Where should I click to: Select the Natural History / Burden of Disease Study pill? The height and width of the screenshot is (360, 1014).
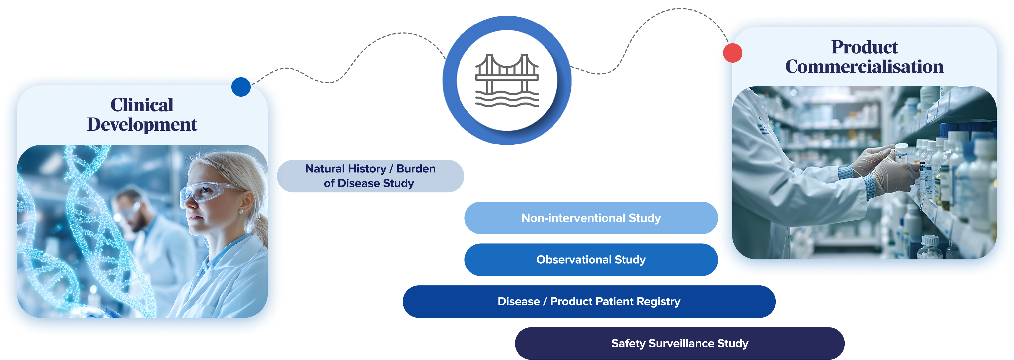point(370,176)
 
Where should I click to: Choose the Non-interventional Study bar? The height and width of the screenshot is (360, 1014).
point(591,218)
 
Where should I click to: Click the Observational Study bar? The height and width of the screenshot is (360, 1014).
point(591,260)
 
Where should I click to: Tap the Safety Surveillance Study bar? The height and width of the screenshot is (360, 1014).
point(679,343)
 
